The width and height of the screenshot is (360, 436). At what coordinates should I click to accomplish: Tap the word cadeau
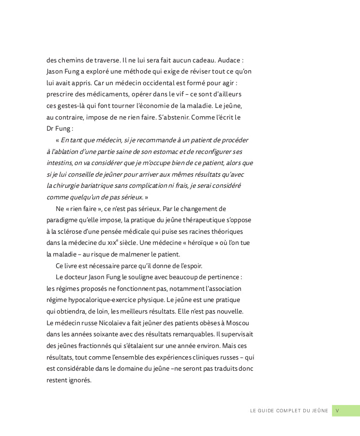point(200,60)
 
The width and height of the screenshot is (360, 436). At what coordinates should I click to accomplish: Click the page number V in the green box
point(337,411)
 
